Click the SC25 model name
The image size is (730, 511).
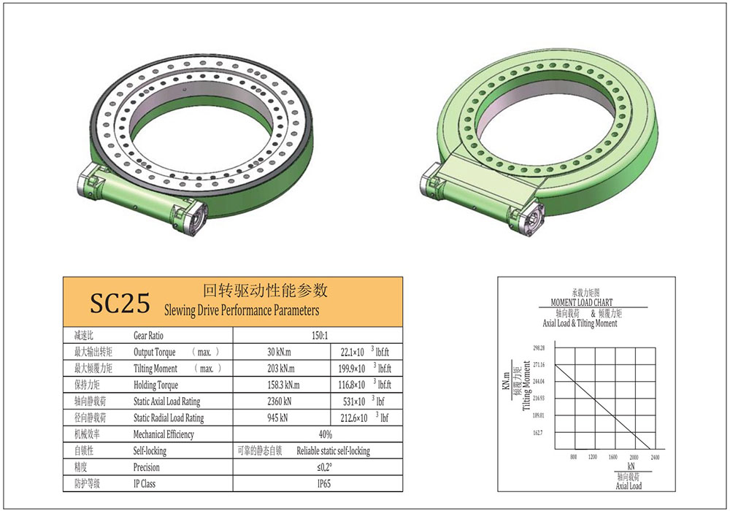point(120,303)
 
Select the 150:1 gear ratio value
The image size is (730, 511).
point(320,336)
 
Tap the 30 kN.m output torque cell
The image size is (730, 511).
point(280,352)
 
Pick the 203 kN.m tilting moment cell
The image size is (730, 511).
point(281,369)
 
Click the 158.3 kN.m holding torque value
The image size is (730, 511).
point(283,385)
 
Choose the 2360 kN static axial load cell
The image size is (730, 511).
point(280,401)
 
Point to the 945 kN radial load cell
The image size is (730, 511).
point(277,418)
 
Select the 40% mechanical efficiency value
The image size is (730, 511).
point(326,434)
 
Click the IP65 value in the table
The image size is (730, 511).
point(324,483)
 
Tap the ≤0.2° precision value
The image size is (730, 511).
point(325,467)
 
